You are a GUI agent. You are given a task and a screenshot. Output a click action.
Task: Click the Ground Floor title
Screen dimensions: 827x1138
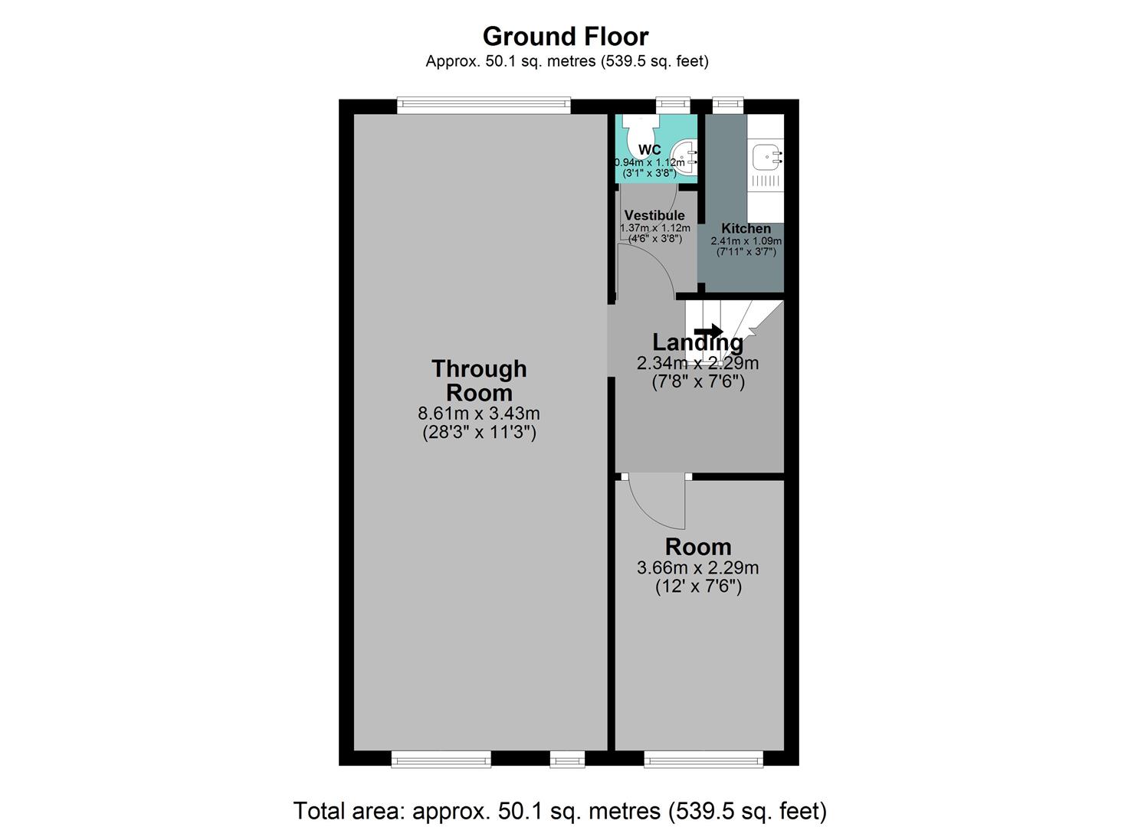[x=565, y=36]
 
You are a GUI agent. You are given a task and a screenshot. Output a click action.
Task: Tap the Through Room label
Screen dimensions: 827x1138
[x=479, y=381]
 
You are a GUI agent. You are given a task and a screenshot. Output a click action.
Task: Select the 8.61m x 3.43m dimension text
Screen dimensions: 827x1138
[x=479, y=413]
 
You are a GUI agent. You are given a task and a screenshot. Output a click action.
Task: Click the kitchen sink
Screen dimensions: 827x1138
[x=766, y=158]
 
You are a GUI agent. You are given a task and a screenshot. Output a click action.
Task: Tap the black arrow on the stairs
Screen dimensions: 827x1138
[x=713, y=332]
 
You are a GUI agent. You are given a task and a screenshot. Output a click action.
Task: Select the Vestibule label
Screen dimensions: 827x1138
[x=654, y=215]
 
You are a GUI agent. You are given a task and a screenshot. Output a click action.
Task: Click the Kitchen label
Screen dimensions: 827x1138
[x=746, y=228]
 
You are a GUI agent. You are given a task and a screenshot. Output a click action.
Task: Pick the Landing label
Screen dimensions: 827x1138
[x=697, y=342]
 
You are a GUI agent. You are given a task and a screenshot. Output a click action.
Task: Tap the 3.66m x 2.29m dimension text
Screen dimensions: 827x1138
[x=697, y=568]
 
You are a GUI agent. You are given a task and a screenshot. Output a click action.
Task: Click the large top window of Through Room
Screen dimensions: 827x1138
[x=484, y=106]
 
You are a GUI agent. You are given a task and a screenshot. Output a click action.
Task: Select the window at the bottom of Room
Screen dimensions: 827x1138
[x=703, y=759]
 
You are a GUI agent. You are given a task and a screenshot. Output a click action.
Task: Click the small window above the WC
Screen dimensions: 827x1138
[x=673, y=106]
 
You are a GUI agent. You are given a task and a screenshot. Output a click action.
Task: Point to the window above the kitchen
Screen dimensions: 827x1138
[x=728, y=106]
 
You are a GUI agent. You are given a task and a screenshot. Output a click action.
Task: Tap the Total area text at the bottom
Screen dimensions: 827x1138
[x=560, y=810]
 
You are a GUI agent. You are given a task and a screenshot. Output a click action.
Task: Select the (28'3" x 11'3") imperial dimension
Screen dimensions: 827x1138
[x=479, y=432]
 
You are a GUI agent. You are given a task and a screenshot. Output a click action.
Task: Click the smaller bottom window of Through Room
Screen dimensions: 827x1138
[x=567, y=759]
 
